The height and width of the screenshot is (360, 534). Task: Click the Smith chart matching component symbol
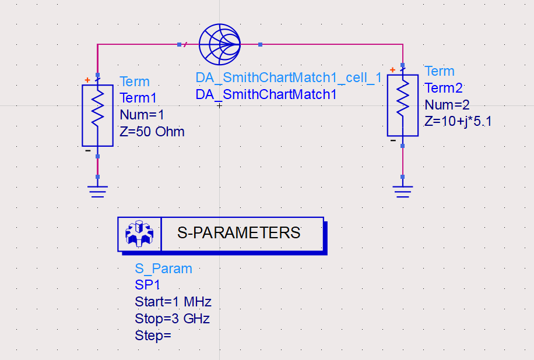[x=220, y=44]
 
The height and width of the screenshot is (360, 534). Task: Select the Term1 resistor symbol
[x=97, y=115]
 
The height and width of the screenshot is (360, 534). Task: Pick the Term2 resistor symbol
[x=403, y=105]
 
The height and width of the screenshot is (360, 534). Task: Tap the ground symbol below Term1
[x=97, y=190]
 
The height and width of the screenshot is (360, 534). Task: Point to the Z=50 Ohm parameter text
[x=152, y=132]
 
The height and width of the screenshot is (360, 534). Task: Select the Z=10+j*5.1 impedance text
[x=458, y=122]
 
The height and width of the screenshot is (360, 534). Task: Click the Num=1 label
[x=142, y=115]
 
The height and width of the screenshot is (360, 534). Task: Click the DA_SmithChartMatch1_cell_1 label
[x=289, y=79]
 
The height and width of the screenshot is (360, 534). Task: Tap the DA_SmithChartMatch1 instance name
[x=266, y=94]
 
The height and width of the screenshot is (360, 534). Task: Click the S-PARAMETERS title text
[x=239, y=233]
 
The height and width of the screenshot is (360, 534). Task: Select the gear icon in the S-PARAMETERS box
[x=139, y=234]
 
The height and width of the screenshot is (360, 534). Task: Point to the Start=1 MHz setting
[x=173, y=302]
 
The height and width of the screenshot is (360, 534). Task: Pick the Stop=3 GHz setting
[x=172, y=319]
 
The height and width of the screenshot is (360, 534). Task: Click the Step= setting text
[x=153, y=336]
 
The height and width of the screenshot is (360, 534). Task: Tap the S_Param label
[x=163, y=269]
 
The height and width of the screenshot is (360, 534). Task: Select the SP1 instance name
[x=147, y=285]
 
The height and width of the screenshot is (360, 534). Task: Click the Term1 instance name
[x=139, y=98]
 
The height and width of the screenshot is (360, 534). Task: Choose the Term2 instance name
[x=444, y=88]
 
